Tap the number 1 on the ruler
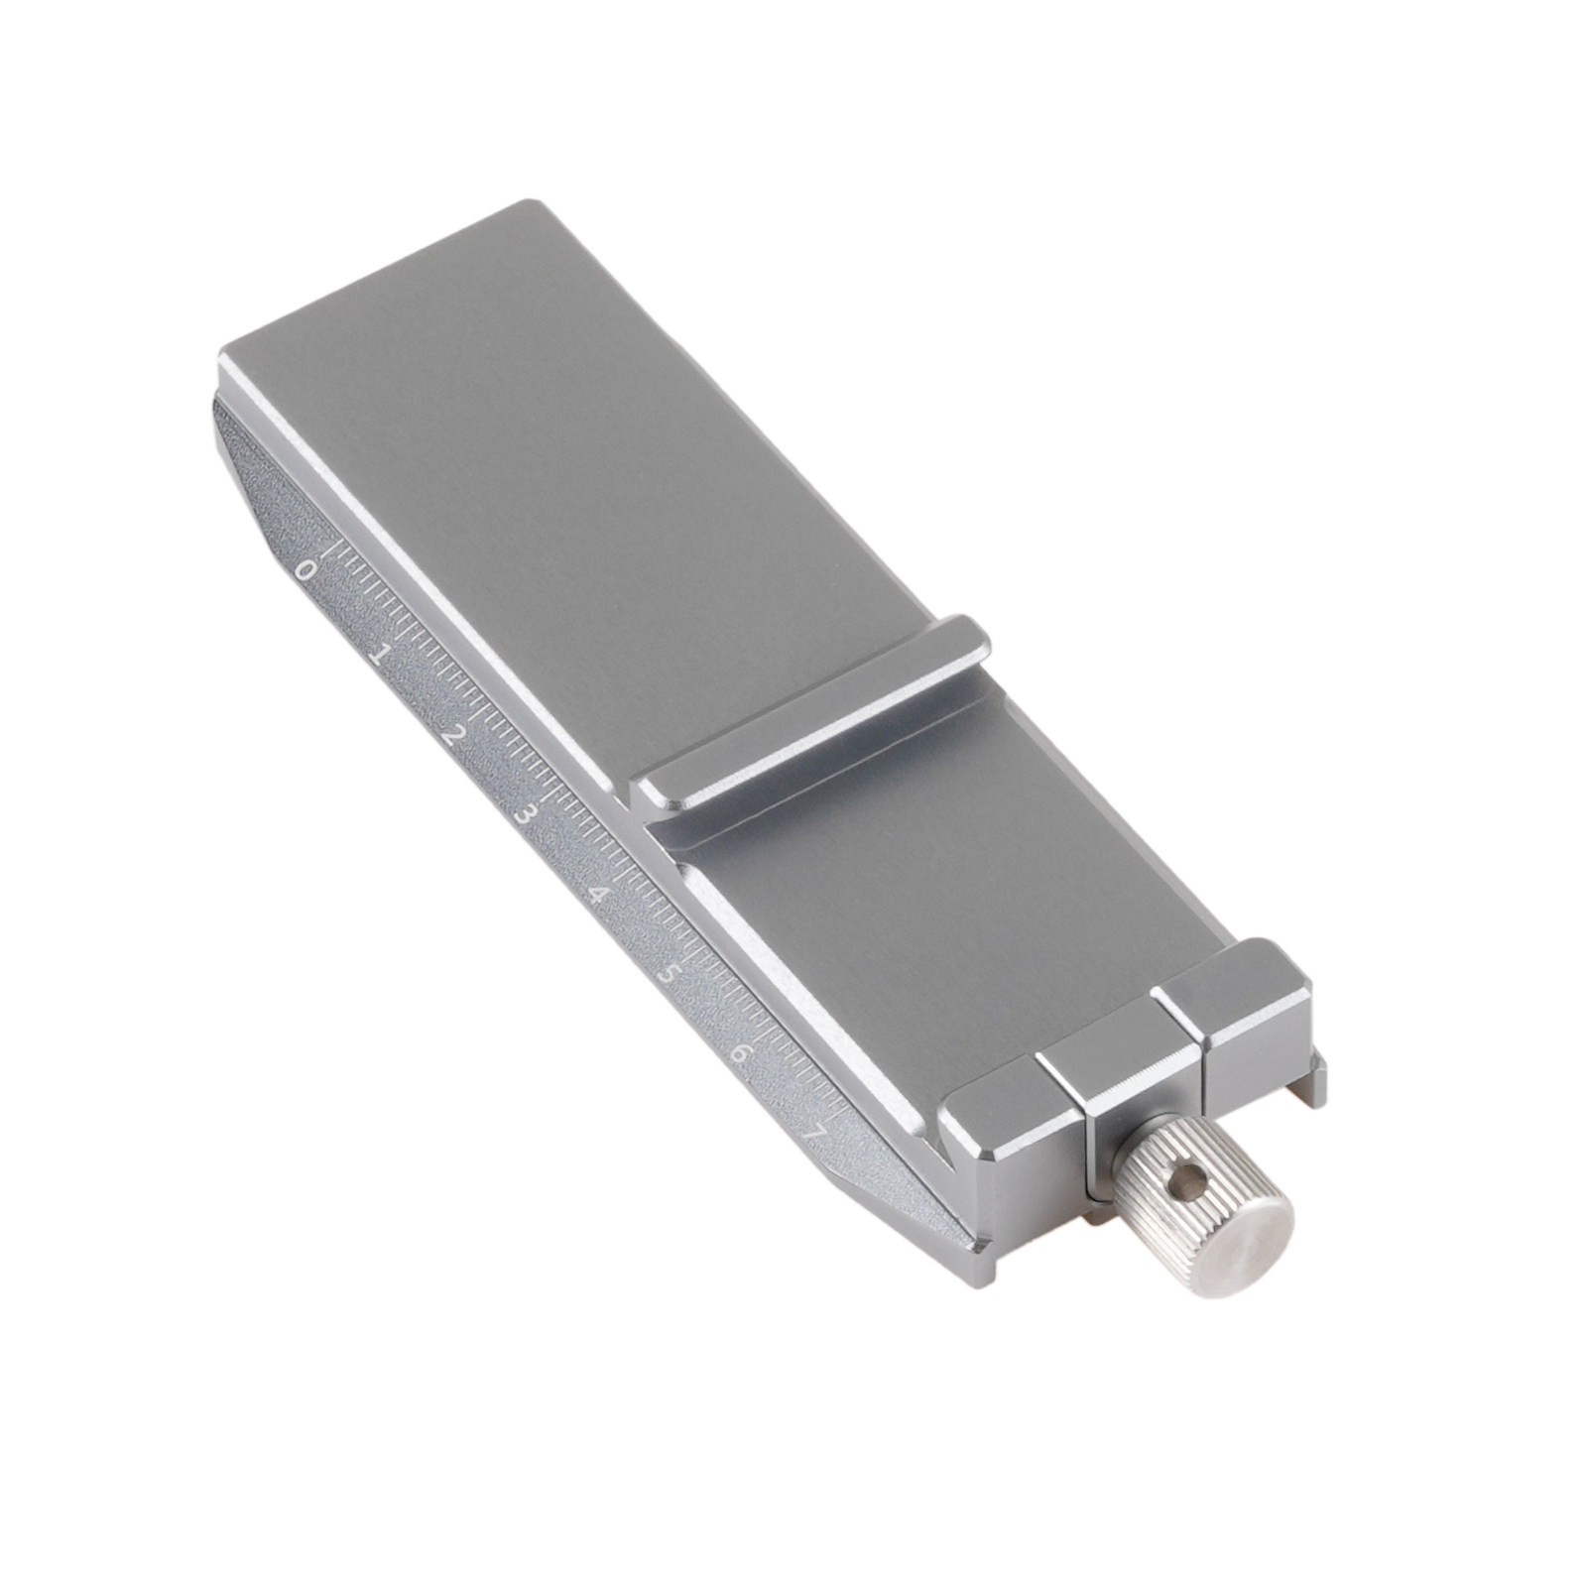pyautogui.click(x=378, y=655)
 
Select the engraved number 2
pyautogui.click(x=454, y=736)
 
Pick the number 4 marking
pyautogui.click(x=598, y=895)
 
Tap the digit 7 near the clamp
pyautogui.click(x=816, y=1131)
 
